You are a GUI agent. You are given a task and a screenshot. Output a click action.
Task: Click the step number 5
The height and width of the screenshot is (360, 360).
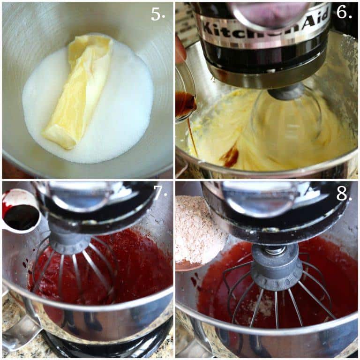pyautogui.click(x=158, y=15)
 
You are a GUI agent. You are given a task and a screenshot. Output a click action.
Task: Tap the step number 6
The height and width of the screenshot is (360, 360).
pyautogui.click(x=344, y=12)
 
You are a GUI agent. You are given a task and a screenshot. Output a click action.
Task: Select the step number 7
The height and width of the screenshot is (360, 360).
pyautogui.click(x=160, y=192)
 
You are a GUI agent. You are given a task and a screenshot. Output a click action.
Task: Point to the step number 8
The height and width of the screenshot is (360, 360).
pyautogui.click(x=344, y=194)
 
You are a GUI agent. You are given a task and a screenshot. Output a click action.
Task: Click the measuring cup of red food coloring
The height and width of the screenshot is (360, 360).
pyautogui.click(x=20, y=212)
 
